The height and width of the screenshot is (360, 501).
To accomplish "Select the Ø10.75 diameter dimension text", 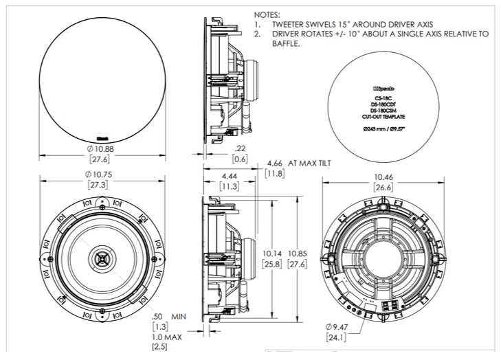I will pyautogui.click(x=100, y=175).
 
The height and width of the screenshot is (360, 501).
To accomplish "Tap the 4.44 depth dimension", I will pyautogui.click(x=229, y=175).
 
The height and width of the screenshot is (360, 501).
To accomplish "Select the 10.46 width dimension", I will pyautogui.click(x=383, y=177).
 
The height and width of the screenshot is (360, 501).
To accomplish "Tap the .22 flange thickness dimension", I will pyautogui.click(x=240, y=149).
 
